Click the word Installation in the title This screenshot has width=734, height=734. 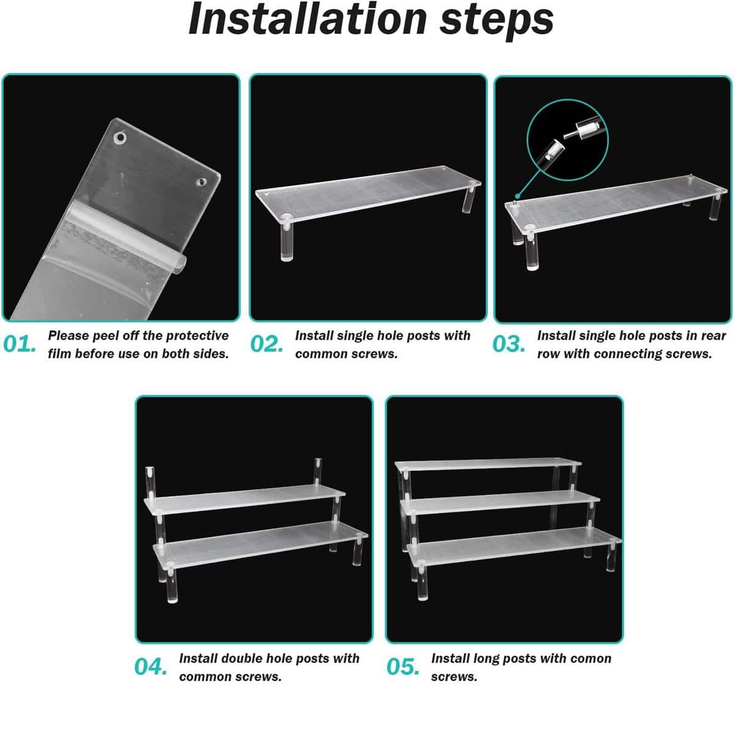pos(307,19)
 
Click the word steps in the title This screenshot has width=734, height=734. pos(496,21)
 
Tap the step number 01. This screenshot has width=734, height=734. pos(20,344)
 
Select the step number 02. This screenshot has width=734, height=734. pos(267,344)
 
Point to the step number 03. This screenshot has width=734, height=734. pos(508,344)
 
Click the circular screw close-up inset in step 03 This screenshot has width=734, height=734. pos(568,140)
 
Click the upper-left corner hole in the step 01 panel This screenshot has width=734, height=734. pos(120,138)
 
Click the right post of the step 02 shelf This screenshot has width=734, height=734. pos(469,198)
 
